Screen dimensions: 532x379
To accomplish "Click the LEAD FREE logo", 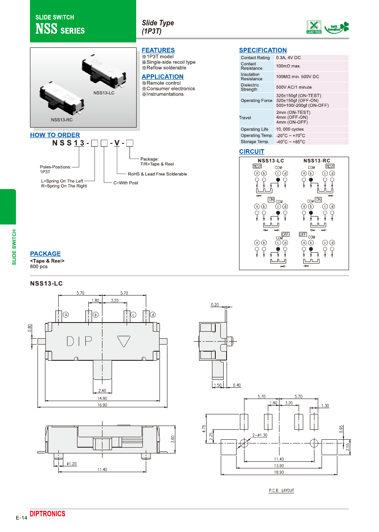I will [314, 27].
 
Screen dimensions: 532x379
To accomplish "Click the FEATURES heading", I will [158, 50].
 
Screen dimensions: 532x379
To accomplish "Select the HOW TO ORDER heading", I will [55, 135].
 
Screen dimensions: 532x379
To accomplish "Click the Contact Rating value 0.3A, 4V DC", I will [288, 58].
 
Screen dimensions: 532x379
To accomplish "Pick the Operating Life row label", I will [254, 129].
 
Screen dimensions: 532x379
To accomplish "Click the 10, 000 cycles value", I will [290, 129].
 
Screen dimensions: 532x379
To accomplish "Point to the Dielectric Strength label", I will [250, 87].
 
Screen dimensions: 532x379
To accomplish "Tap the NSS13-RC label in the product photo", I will [62, 120].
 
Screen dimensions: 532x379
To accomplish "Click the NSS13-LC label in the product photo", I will [104, 93].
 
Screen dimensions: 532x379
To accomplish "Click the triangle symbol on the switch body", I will [124, 341].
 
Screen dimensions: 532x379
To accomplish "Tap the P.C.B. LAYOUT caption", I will [281, 490].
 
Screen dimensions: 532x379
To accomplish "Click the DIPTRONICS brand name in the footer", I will [47, 514].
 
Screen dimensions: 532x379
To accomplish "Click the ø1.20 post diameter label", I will [72, 463].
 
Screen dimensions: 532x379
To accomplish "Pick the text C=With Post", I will [125, 183].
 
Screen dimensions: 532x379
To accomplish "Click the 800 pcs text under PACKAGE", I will [39, 266].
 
